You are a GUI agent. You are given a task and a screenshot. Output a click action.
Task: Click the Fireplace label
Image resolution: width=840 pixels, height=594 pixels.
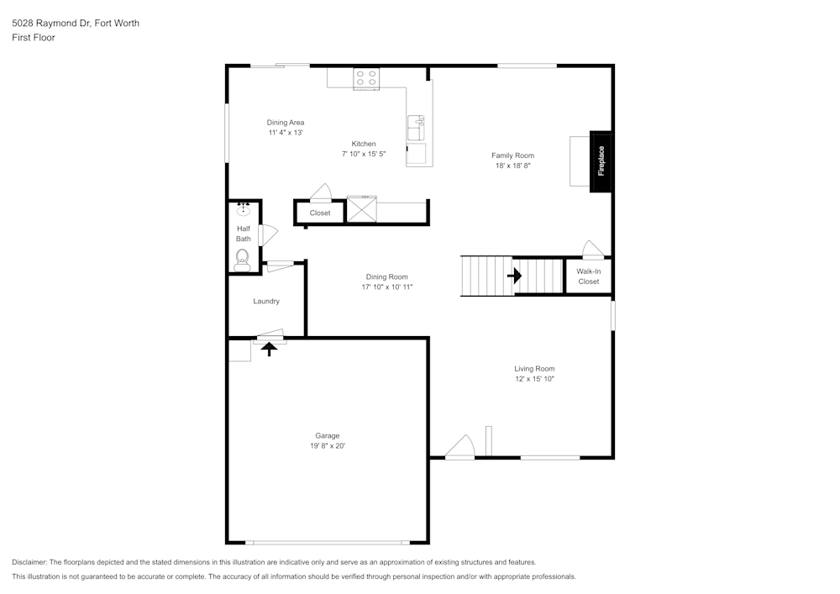tap(601, 160)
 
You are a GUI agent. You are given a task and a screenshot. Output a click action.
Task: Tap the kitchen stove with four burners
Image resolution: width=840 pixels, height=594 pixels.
tap(366, 78)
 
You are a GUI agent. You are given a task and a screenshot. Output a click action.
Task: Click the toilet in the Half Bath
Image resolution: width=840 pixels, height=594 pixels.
tap(243, 260)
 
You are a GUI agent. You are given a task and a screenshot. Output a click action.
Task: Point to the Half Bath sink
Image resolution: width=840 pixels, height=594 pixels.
tap(244, 208)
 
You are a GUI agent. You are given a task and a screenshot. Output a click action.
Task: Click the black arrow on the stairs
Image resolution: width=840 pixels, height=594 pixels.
tap(514, 276)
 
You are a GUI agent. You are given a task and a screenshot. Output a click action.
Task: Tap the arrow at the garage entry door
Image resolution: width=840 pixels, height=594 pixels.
tap(269, 349)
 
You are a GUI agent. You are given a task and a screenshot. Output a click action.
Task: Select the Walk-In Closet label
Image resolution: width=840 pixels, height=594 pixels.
tap(588, 276)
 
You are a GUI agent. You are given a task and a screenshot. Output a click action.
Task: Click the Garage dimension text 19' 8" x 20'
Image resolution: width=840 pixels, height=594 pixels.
tap(328, 445)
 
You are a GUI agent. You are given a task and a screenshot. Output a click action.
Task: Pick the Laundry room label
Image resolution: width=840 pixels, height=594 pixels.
tap(266, 301)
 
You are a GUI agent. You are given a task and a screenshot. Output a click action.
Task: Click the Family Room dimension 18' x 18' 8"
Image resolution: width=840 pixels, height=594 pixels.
tap(512, 166)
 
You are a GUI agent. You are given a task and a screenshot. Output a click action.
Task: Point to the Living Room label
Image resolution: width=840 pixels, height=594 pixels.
tap(534, 369)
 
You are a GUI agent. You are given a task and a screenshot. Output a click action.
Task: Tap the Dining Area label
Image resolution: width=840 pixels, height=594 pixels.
tap(286, 122)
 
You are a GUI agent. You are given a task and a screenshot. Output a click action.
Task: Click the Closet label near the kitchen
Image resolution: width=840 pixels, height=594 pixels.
tap(320, 213)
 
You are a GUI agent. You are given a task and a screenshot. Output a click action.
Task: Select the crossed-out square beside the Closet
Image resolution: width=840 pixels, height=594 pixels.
tap(361, 209)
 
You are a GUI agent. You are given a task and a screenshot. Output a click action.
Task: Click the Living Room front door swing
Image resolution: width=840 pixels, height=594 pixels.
tap(459, 447)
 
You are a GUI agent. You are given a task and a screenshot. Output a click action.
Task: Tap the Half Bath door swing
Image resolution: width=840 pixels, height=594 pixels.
tap(267, 235)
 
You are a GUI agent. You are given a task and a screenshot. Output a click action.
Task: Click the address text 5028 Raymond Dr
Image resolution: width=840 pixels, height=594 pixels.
tap(51, 23)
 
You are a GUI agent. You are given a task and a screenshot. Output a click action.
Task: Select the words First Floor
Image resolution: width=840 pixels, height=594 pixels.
tap(34, 38)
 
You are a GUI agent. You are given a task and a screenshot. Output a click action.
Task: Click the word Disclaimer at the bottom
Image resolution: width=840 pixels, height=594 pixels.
tap(29, 562)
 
